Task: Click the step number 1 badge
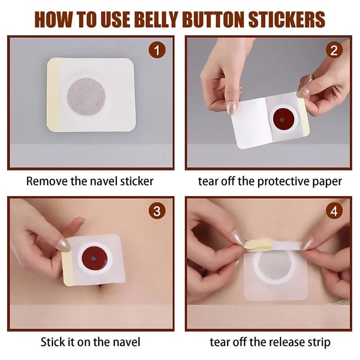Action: [x=156, y=51]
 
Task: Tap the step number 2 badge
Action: [x=333, y=51]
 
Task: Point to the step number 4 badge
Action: [x=333, y=211]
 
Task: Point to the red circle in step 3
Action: [x=93, y=260]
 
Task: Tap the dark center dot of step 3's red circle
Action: [x=92, y=260]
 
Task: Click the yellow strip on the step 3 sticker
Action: [x=67, y=268]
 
